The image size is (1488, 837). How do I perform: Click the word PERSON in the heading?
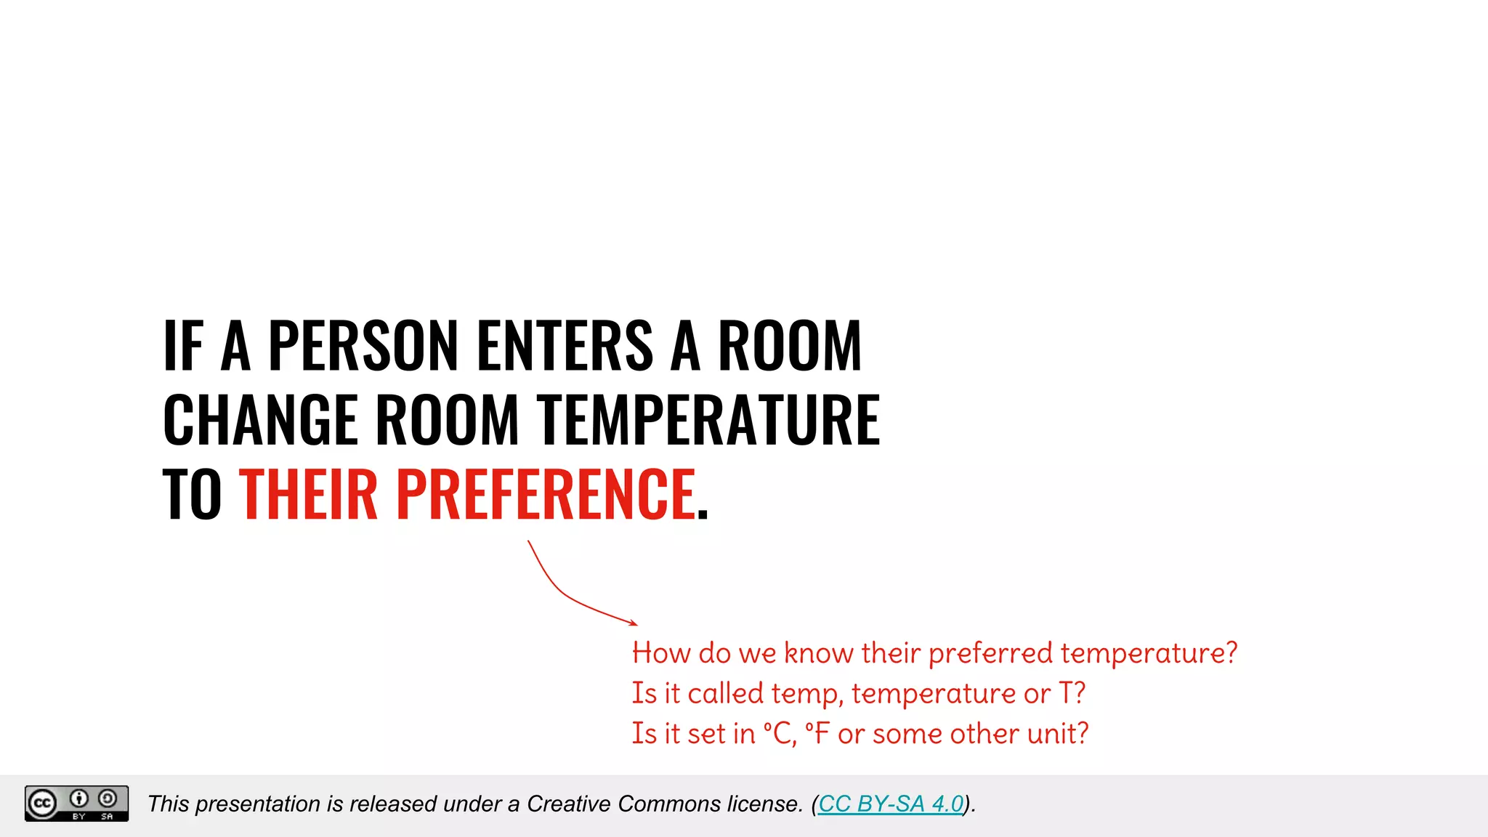(363, 346)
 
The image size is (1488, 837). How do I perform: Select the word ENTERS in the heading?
(565, 346)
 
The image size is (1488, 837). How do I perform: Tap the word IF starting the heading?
(182, 346)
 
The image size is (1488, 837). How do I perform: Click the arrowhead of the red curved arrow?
(634, 623)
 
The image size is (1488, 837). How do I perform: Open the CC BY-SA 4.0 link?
(891, 804)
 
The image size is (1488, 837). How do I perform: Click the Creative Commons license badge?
(76, 804)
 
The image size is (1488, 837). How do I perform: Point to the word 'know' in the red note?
(819, 653)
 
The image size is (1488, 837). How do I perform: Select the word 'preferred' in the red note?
(990, 653)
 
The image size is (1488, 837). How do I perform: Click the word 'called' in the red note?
(725, 694)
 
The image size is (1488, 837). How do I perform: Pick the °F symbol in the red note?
(817, 734)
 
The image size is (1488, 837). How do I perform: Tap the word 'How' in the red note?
(661, 653)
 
